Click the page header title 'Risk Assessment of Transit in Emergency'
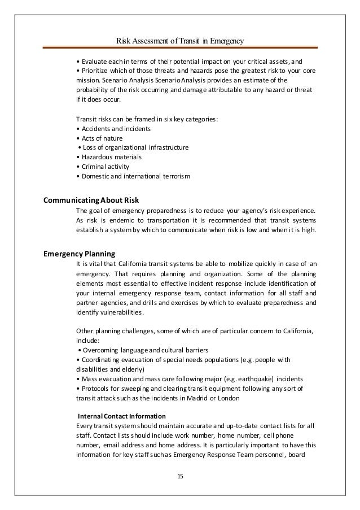(x=180, y=41)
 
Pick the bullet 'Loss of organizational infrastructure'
(x=133, y=147)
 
